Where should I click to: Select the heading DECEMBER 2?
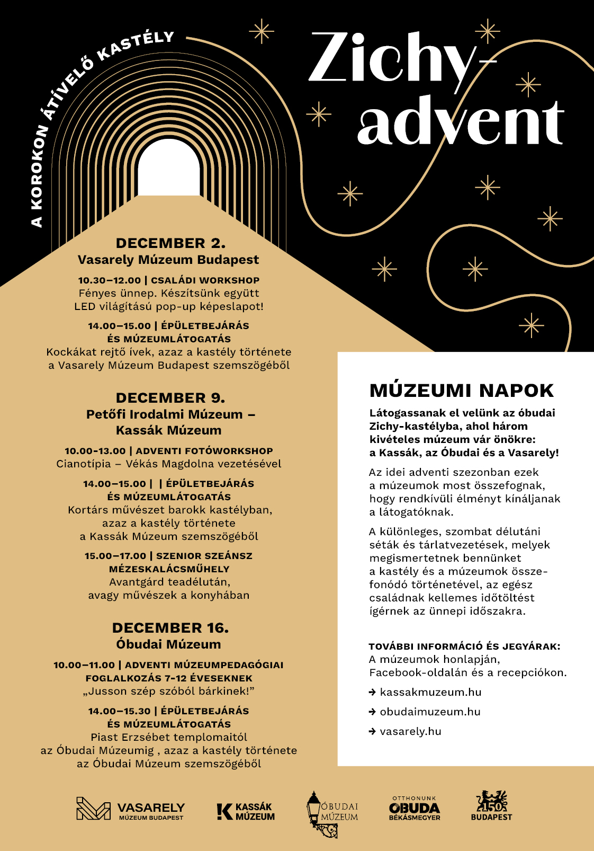click(x=170, y=243)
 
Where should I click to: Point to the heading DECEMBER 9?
click(x=170, y=398)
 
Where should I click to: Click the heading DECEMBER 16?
click(x=170, y=628)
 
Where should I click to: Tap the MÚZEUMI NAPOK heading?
click(x=461, y=391)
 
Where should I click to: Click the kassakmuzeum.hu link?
click(x=430, y=692)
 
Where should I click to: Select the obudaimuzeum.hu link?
click(x=430, y=712)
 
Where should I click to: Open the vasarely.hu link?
click(x=410, y=731)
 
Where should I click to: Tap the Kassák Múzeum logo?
click(x=246, y=811)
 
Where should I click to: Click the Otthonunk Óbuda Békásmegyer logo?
click(x=415, y=809)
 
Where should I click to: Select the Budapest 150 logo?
click(x=491, y=805)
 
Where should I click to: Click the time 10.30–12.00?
click(x=110, y=280)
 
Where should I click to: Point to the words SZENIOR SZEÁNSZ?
click(x=204, y=556)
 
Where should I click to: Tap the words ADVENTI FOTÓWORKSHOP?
click(x=204, y=451)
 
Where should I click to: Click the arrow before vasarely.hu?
click(x=373, y=732)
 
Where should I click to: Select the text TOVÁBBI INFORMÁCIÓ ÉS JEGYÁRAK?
click(x=464, y=646)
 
